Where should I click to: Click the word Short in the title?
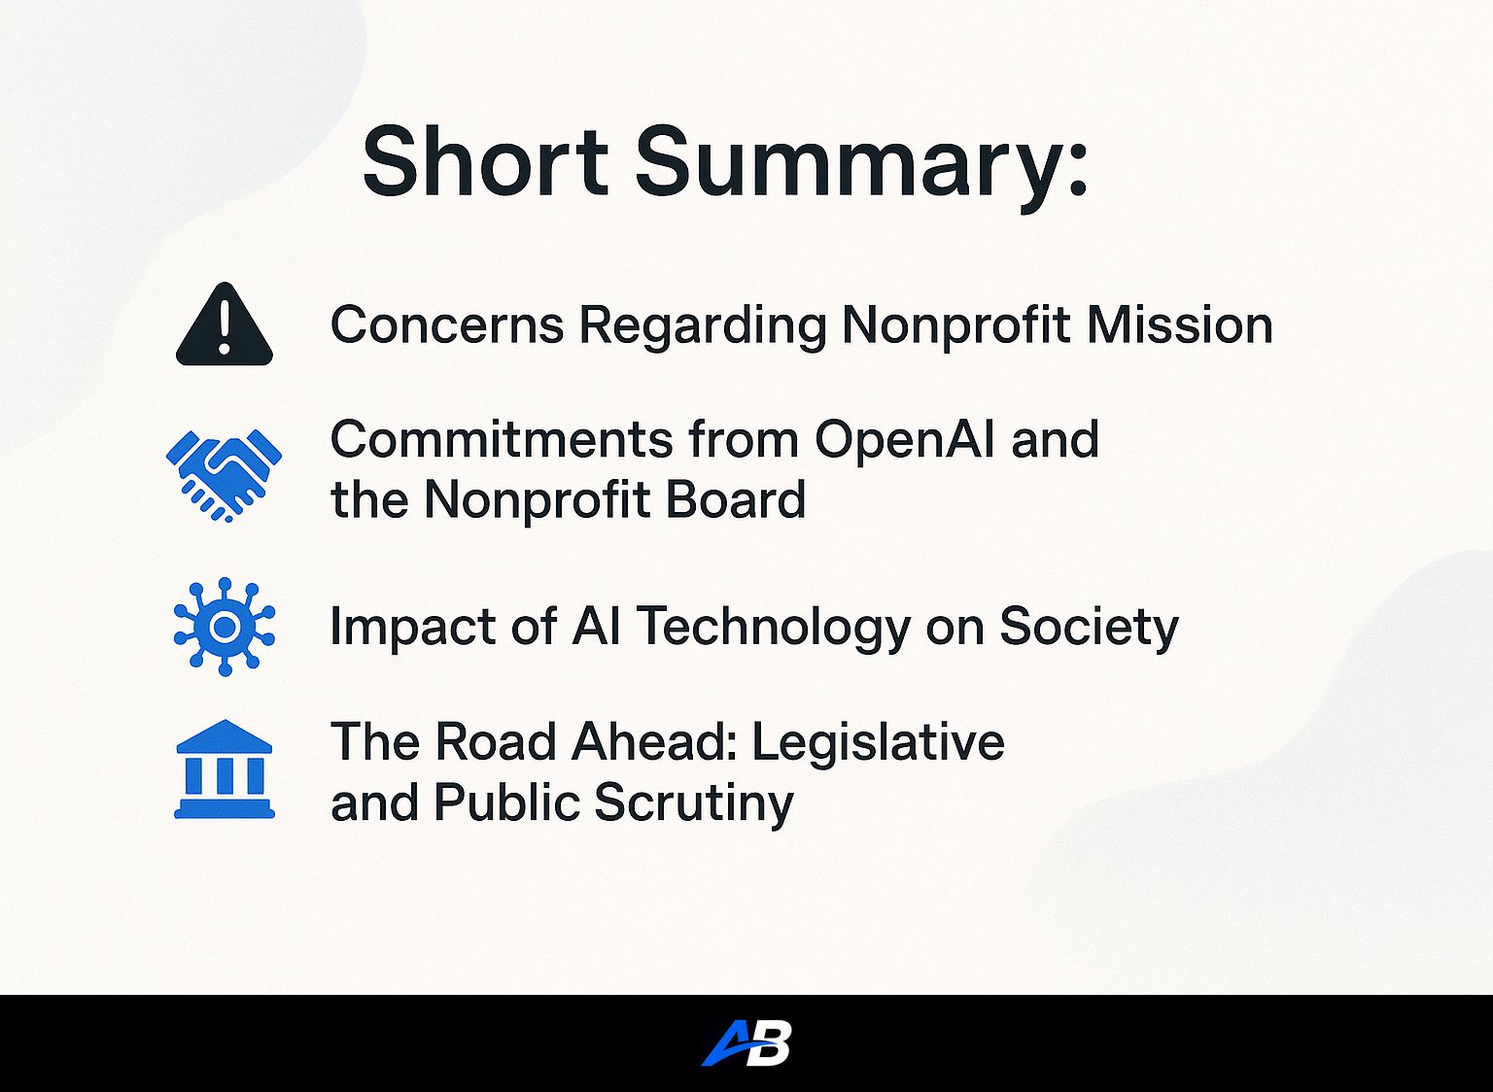coord(485,161)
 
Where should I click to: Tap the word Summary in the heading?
coord(861,161)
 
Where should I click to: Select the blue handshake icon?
coord(225,474)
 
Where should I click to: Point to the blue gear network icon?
coord(225,627)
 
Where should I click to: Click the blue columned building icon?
coord(225,769)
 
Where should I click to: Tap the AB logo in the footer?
coord(746,1043)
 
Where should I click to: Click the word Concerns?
coord(447,324)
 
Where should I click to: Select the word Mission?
coord(1180,324)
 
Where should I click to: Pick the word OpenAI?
coord(905,439)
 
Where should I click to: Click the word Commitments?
coord(502,439)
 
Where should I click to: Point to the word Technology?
coord(774,627)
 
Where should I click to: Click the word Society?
coord(1089,627)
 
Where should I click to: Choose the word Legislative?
coord(878,742)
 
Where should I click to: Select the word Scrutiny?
coord(693,803)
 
